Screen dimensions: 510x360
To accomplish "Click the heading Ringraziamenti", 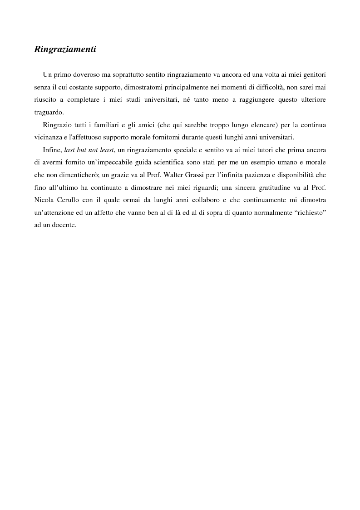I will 65,50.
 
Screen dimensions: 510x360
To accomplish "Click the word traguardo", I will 49,112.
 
